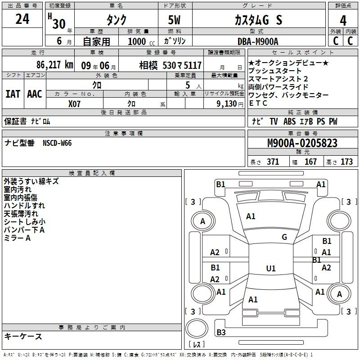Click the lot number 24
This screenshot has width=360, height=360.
pyautogui.click(x=22, y=19)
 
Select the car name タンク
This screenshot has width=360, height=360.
pyautogui.click(x=116, y=20)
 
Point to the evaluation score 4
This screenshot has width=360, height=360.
pyautogui.click(x=343, y=20)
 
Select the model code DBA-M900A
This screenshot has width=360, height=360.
pyautogui.click(x=258, y=41)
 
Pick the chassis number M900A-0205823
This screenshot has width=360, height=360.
pyautogui.click(x=302, y=143)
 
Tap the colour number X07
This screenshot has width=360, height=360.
pyautogui.click(x=74, y=103)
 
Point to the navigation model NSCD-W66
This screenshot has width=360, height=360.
pyautogui.click(x=57, y=143)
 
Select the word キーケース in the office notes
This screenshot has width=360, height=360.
pyautogui.click(x=23, y=336)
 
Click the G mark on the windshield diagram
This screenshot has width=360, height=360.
pyautogui.click(x=284, y=237)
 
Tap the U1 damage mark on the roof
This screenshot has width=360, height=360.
pyautogui.click(x=271, y=269)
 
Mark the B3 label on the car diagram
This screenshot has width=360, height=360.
pyautogui.click(x=221, y=332)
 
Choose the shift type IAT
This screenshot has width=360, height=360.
pyautogui.click(x=13, y=94)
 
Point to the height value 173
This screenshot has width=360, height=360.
pyautogui.click(x=346, y=162)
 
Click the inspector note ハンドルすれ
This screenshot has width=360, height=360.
pyautogui.click(x=21, y=206)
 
